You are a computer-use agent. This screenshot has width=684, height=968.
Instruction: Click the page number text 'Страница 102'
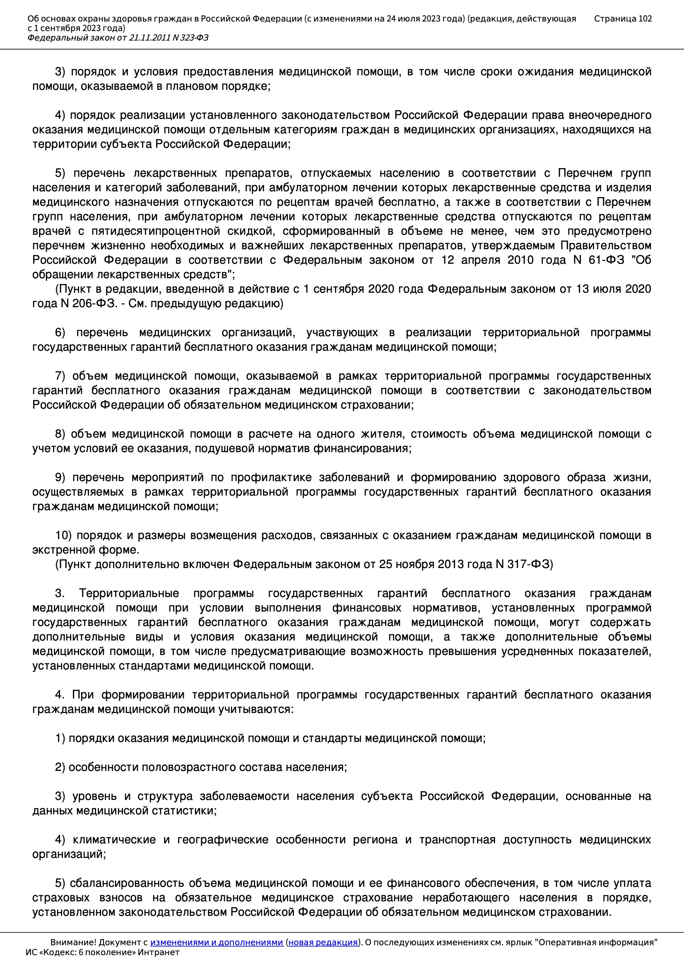point(622,19)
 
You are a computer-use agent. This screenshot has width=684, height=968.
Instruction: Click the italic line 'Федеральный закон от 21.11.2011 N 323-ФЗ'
point(118,38)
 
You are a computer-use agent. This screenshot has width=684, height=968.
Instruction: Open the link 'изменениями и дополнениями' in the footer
point(216,942)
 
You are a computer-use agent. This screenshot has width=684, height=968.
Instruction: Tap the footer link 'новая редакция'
point(323,942)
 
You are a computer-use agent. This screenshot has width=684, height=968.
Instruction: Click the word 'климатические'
point(114,840)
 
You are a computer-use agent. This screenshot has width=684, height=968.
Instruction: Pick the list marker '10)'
point(63,535)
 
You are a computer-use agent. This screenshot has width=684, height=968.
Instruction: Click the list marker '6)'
point(60,332)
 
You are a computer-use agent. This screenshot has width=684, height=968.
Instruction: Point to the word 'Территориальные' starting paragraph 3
point(129,593)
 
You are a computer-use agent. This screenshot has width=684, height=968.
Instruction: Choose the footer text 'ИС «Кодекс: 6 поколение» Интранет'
point(102,952)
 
